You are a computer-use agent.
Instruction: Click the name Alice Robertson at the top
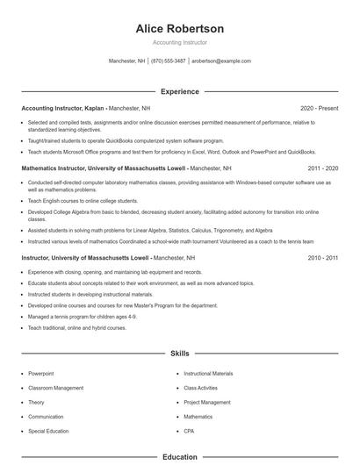click(x=180, y=29)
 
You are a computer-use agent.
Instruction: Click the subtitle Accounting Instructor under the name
click(x=180, y=42)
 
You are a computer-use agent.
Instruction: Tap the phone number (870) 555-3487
click(x=168, y=61)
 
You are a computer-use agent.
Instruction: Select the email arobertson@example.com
click(x=221, y=61)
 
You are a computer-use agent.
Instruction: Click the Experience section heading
click(x=180, y=91)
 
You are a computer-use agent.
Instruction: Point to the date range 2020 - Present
click(x=319, y=108)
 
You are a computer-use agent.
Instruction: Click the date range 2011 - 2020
click(x=323, y=168)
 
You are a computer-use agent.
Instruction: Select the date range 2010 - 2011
click(x=323, y=258)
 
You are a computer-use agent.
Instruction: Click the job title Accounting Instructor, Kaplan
click(x=62, y=108)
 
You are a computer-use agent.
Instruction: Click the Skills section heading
click(x=180, y=354)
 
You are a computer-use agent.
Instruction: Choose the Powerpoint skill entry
click(x=41, y=374)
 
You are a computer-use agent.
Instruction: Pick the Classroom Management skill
click(x=56, y=388)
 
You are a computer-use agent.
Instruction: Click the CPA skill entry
click(x=190, y=432)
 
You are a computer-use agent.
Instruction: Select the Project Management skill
click(x=207, y=403)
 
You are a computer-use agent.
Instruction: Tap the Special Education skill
click(x=49, y=432)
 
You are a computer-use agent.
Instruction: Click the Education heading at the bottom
click(x=180, y=457)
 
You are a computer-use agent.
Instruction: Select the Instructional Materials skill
click(x=208, y=374)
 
